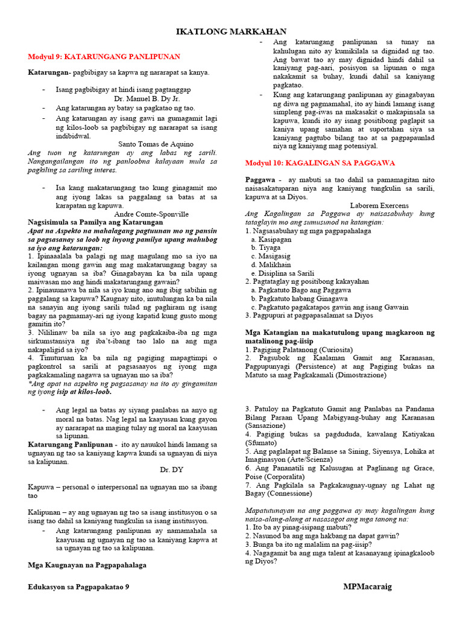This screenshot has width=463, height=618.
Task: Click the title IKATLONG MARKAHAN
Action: (x=231, y=31)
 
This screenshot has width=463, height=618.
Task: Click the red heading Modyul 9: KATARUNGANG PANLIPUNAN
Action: (x=104, y=57)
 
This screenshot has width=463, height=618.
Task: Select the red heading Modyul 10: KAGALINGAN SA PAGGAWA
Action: (x=320, y=163)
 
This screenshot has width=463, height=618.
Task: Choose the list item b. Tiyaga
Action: (x=266, y=247)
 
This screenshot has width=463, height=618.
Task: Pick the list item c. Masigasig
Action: (x=271, y=256)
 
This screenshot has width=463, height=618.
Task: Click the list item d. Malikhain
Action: (x=271, y=264)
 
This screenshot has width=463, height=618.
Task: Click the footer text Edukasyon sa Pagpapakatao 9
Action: (x=78, y=586)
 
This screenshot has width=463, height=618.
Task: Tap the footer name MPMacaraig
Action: (x=367, y=586)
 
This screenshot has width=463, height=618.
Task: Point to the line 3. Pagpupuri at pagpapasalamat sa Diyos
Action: (x=309, y=315)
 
